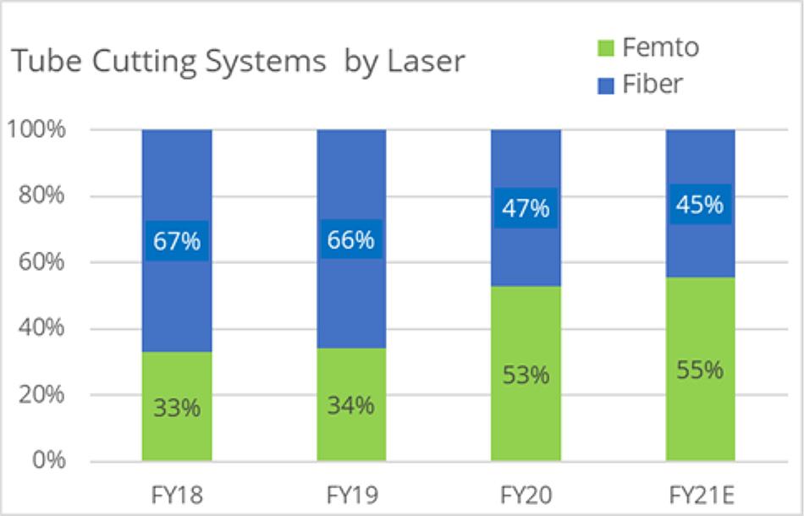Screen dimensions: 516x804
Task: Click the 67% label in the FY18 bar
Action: (x=177, y=240)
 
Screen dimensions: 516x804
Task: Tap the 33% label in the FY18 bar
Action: (x=177, y=408)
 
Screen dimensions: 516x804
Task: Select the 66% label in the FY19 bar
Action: (x=351, y=239)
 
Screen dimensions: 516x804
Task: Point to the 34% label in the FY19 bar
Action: (x=351, y=405)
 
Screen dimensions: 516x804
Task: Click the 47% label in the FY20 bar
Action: (x=526, y=208)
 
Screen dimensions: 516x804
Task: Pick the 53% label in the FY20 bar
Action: (x=526, y=374)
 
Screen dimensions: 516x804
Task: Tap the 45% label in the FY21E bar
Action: (x=700, y=205)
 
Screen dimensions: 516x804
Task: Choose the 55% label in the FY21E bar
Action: (x=700, y=370)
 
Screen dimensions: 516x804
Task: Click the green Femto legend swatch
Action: (x=604, y=49)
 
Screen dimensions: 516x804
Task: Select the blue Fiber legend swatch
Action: (x=604, y=85)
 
